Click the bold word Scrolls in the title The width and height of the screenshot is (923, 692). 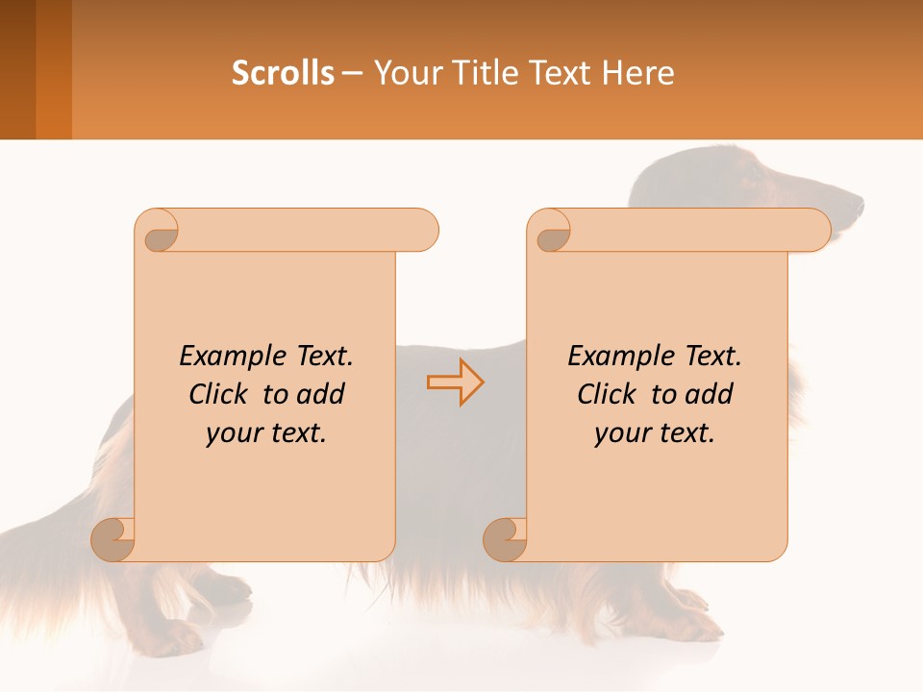pyautogui.click(x=283, y=73)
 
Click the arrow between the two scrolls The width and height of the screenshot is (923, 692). pyautogui.click(x=455, y=383)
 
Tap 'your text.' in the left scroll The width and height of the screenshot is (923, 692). pyautogui.click(x=266, y=433)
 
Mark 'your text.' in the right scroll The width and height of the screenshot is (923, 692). pyautogui.click(x=655, y=433)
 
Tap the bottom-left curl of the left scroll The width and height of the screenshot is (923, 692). pyautogui.click(x=113, y=538)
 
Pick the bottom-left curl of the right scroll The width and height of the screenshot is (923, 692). pyautogui.click(x=506, y=538)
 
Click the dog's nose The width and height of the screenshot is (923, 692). pyautogui.click(x=856, y=205)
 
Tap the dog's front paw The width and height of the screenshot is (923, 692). pyautogui.click(x=697, y=625)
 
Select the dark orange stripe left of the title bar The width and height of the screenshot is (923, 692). pyautogui.click(x=54, y=69)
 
